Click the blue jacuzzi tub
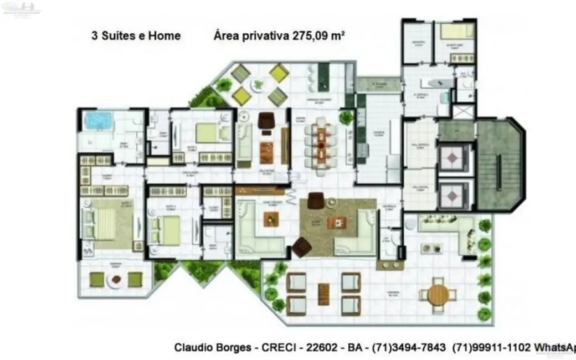(98, 120)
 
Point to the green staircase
(500, 166)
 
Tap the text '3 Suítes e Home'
(136, 36)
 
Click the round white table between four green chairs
(258, 85)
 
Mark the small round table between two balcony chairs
(116, 280)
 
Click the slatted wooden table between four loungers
(323, 294)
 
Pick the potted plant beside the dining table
(347, 117)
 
